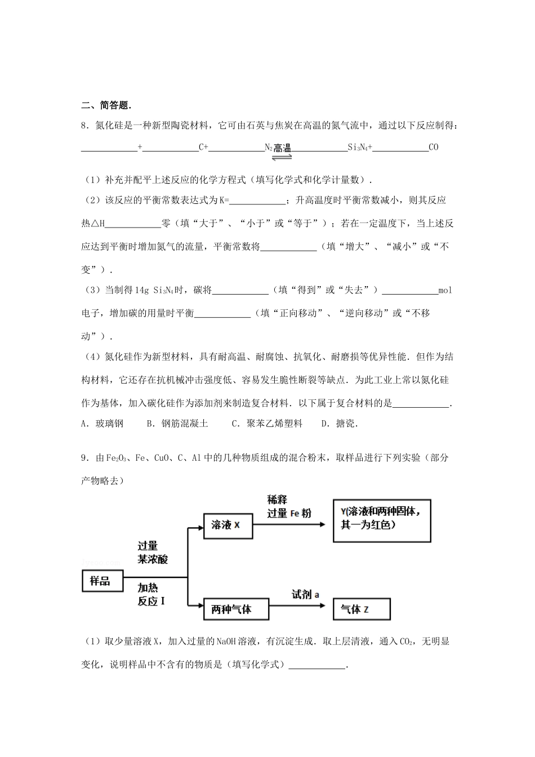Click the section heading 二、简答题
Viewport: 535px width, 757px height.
[107, 105]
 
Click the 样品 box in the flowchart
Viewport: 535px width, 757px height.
[101, 580]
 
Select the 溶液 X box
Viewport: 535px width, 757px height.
[228, 525]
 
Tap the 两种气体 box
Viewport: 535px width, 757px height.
[235, 609]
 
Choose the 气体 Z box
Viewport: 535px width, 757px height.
[362, 609]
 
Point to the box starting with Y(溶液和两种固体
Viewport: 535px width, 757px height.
[382, 520]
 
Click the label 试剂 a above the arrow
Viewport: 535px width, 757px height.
[305, 594]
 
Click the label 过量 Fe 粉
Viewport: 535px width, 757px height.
[289, 513]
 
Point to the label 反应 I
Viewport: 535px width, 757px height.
[151, 601]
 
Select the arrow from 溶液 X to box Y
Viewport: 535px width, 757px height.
[289, 524]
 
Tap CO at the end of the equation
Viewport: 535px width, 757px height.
[433, 148]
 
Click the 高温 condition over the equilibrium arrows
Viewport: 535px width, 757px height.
[282, 148]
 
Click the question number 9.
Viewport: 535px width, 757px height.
[84, 458]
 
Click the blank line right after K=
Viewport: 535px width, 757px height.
[258, 201]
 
